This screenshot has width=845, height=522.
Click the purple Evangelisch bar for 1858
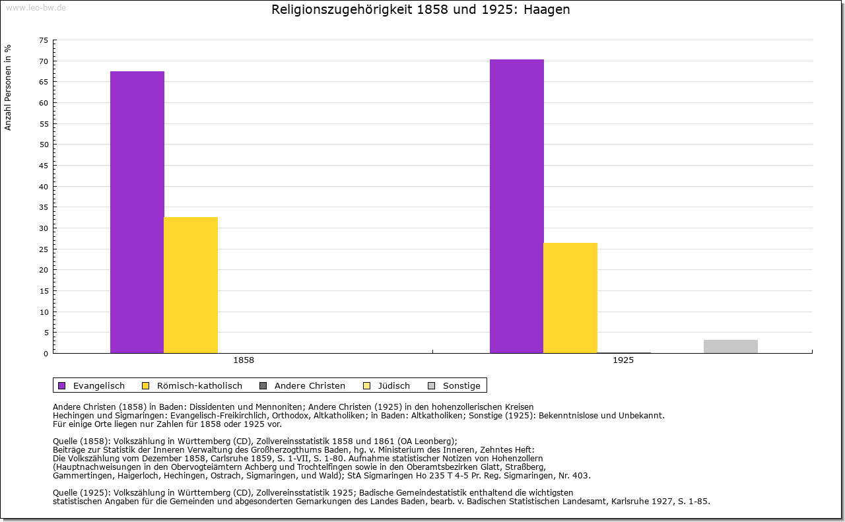pyautogui.click(x=137, y=212)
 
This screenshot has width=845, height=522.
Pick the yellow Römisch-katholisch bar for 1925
pyautogui.click(x=570, y=298)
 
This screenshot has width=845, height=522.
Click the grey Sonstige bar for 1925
pyautogui.click(x=730, y=346)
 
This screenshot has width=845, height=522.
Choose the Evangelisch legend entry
pyautogui.click(x=92, y=385)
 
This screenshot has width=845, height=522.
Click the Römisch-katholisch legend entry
pyautogui.click(x=192, y=385)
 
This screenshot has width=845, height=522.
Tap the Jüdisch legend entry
pyautogui.click(x=388, y=385)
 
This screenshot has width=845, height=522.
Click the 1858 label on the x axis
pyautogui.click(x=244, y=360)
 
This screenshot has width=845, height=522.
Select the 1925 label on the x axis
pyautogui.click(x=623, y=360)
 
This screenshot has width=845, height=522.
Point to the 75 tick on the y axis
pyautogui.click(x=44, y=40)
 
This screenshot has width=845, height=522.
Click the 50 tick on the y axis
pyautogui.click(x=44, y=145)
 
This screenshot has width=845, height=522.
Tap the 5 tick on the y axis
pyautogui.click(x=46, y=333)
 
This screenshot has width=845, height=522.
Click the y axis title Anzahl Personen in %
pyautogui.click(x=8, y=87)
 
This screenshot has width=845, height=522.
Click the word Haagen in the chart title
pyautogui.click(x=547, y=10)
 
